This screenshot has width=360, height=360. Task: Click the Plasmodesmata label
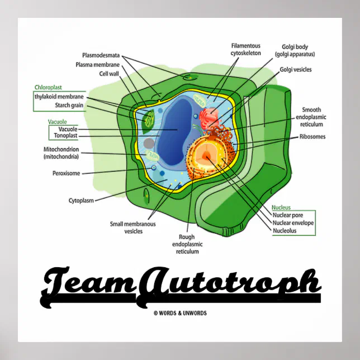(101, 55)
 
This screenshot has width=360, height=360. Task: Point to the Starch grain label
(69, 105)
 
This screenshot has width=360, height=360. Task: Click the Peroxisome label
(65, 173)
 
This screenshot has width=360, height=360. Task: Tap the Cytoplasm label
(81, 200)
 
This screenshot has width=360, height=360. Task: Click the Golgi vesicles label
(296, 70)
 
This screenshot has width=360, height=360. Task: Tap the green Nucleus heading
(281, 207)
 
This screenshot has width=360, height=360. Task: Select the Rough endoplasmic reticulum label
(187, 244)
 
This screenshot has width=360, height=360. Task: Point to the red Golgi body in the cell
(209, 117)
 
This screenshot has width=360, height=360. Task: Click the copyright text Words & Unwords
(180, 313)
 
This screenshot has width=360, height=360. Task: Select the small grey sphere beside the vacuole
(149, 144)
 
